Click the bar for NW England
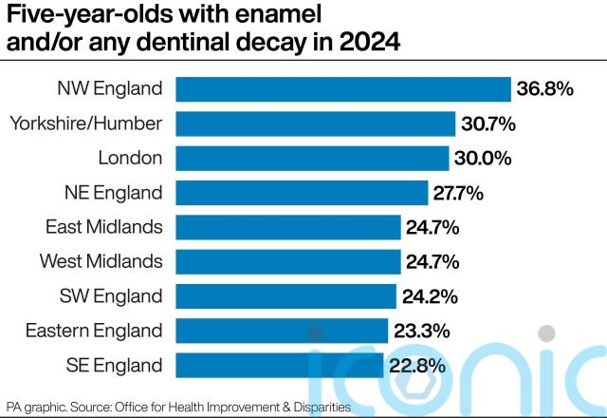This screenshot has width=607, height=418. [343, 88]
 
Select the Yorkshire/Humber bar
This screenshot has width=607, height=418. [316, 123]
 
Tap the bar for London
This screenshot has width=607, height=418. [313, 158]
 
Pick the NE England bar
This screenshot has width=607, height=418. [303, 193]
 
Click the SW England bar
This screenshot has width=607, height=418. [286, 295]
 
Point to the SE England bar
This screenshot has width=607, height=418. [280, 364]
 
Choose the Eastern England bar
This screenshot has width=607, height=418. [283, 330]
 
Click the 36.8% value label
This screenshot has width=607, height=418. [545, 89]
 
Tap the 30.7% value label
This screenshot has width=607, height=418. [489, 123]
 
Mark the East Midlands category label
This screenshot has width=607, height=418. [104, 227]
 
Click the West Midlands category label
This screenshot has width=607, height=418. [101, 261]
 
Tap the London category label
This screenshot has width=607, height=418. [130, 158]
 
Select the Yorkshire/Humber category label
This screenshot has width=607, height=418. [85, 123]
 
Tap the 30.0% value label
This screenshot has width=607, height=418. [484, 158]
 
